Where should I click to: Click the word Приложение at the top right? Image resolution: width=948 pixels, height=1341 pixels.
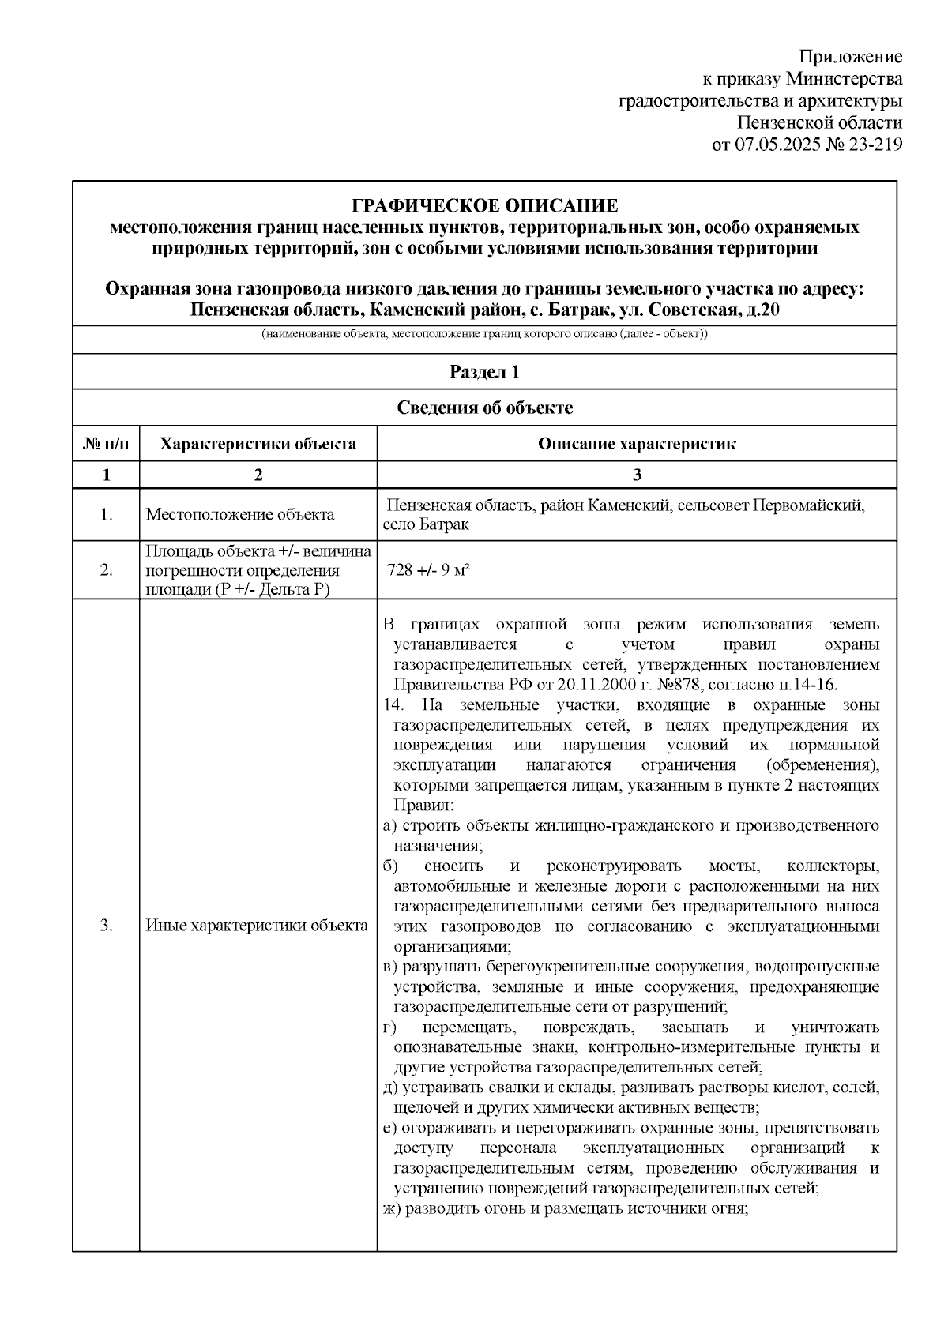coord(850,57)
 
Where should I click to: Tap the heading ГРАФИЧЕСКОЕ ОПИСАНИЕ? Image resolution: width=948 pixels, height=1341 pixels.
coord(484,207)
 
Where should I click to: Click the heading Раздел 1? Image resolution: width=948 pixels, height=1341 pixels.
coord(484,372)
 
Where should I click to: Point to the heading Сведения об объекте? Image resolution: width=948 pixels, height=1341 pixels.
coord(484,408)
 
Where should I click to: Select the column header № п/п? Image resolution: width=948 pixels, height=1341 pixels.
coord(106,444)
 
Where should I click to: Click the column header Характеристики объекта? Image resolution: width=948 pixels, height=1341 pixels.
coord(258,444)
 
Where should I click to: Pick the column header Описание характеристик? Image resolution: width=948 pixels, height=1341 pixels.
coord(637,444)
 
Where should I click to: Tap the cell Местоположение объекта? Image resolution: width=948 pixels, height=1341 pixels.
coord(240,515)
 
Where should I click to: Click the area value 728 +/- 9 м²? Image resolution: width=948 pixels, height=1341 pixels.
coord(429,570)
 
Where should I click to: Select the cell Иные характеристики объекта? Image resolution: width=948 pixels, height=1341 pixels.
coord(257,926)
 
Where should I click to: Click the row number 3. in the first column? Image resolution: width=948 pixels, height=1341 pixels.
coord(106,926)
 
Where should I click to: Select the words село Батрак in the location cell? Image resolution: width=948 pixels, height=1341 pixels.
coord(425,525)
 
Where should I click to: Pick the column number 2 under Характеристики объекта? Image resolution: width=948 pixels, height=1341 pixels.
coord(258,475)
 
